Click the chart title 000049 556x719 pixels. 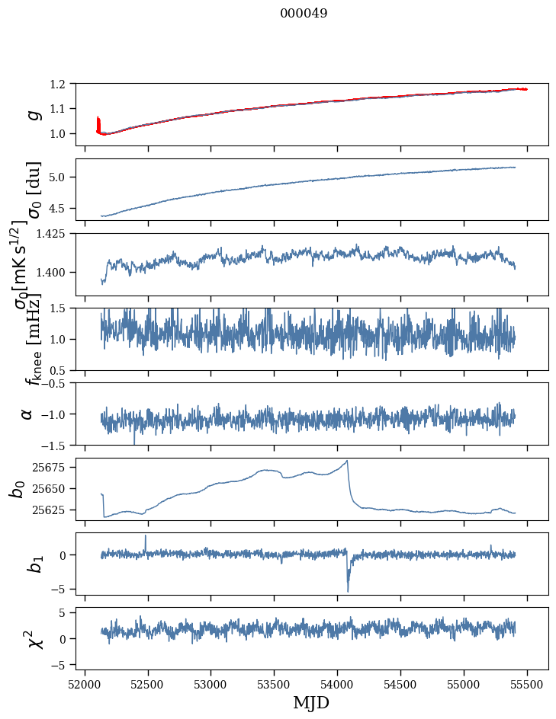click(x=304, y=13)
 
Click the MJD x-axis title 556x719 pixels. click(x=311, y=702)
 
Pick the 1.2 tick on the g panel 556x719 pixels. click(x=65, y=84)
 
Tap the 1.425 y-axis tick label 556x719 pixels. click(x=58, y=234)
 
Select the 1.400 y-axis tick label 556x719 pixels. click(x=58, y=272)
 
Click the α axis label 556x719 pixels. click(x=27, y=414)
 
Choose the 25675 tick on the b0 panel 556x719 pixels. click(x=58, y=466)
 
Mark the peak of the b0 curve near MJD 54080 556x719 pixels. click(x=348, y=461)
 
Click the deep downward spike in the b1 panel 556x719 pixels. click(x=348, y=590)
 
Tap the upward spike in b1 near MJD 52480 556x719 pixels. click(x=146, y=536)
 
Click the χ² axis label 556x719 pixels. click(x=34, y=638)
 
